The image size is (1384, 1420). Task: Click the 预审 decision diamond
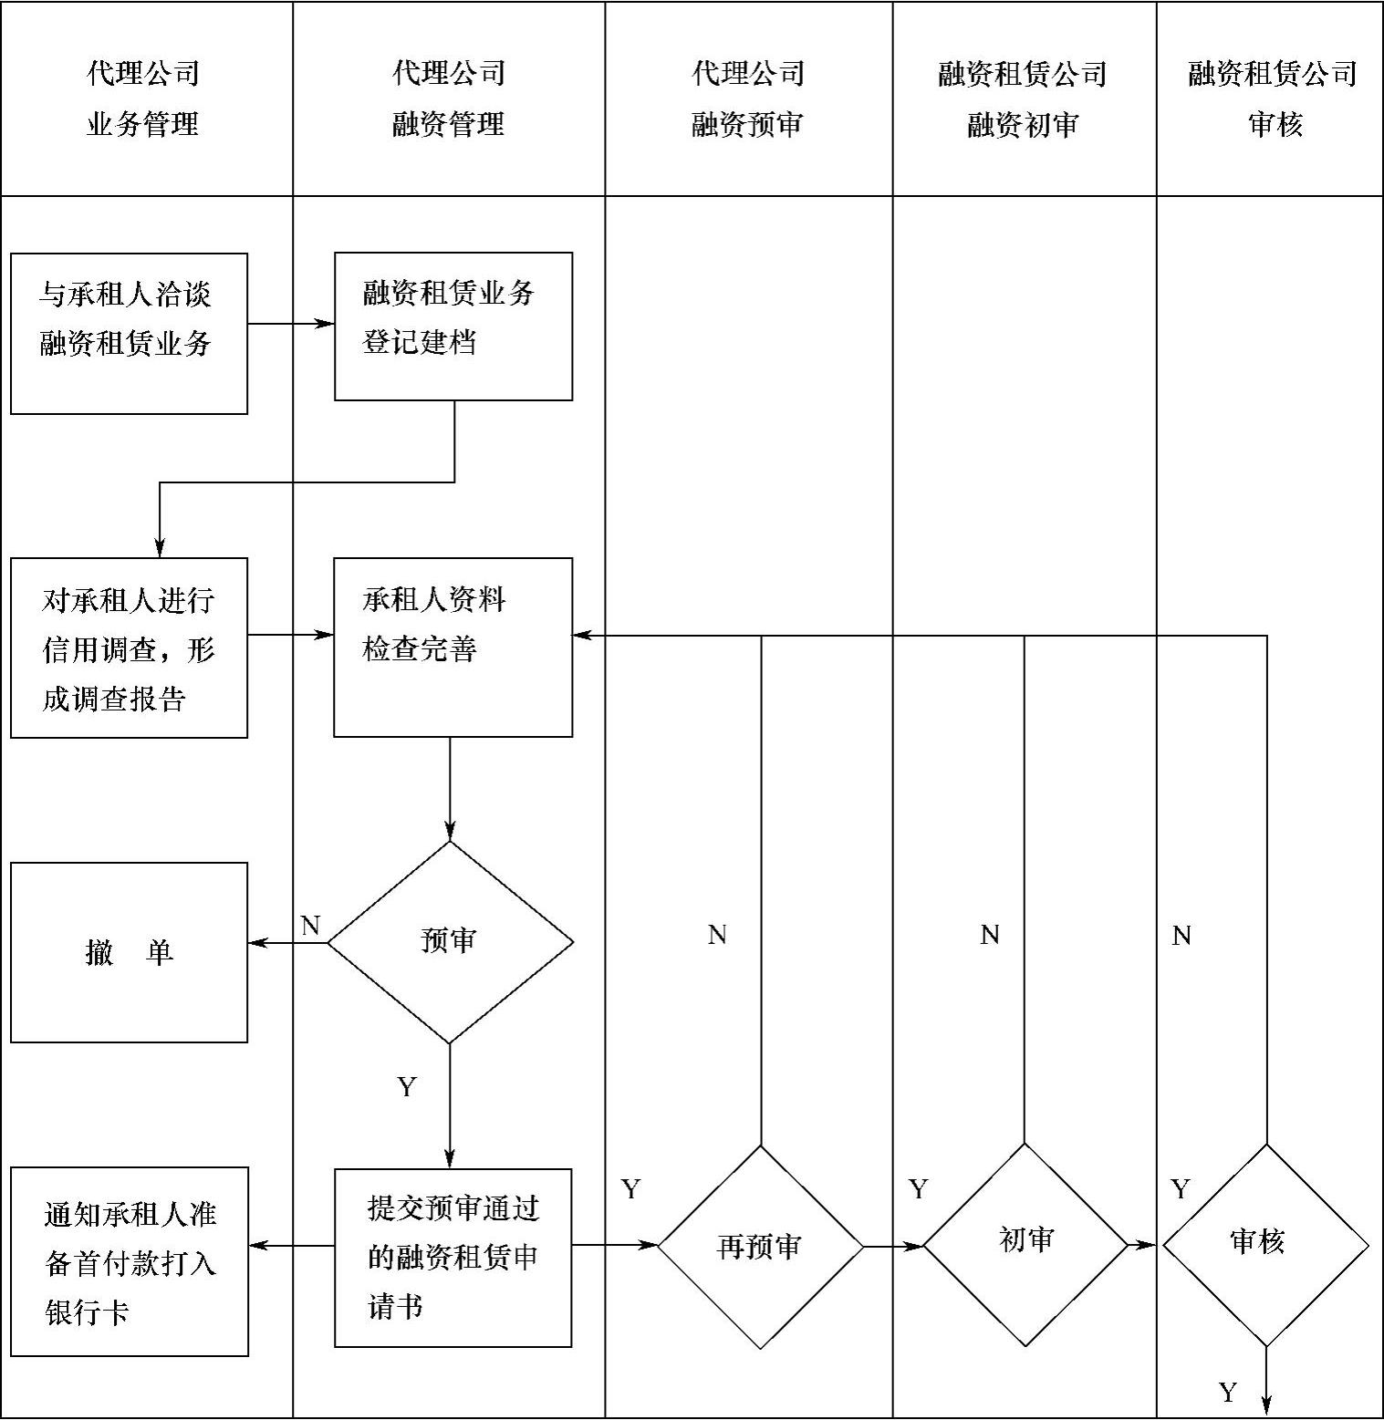(450, 942)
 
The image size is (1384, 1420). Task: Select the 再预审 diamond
(760, 1246)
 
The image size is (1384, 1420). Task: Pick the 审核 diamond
(1265, 1245)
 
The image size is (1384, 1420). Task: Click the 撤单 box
(129, 952)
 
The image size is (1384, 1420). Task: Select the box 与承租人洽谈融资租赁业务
(129, 333)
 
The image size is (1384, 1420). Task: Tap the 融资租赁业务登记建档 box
(453, 326)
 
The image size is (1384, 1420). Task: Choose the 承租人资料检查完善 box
(453, 647)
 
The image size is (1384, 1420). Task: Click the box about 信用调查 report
(129, 648)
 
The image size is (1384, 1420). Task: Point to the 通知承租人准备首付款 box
(129, 1261)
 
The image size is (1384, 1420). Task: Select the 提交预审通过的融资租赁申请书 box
(453, 1258)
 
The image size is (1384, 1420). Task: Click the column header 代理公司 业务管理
(144, 98)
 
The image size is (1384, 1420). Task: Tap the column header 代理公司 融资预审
(747, 98)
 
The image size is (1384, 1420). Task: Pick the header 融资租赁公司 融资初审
(1023, 98)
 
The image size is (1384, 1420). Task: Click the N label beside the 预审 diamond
(310, 926)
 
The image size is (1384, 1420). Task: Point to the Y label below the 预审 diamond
(407, 1086)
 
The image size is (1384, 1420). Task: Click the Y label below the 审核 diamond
(1228, 1392)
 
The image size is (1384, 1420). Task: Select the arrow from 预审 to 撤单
(287, 943)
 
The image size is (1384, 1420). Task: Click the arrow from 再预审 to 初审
(893, 1246)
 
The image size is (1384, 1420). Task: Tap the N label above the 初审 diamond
(990, 935)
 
